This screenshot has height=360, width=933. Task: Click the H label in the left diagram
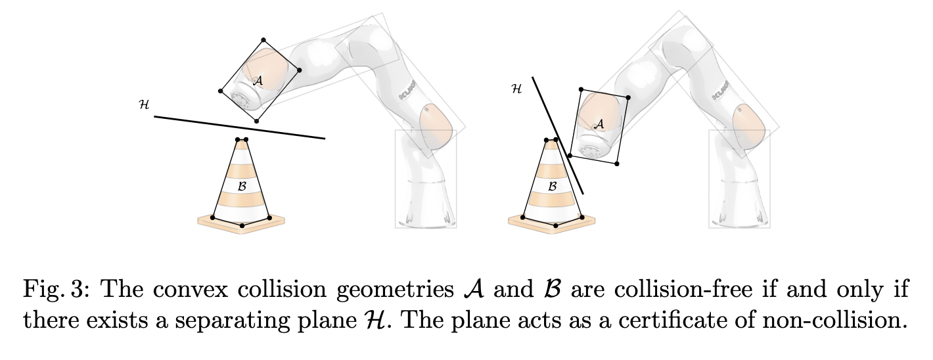click(x=144, y=104)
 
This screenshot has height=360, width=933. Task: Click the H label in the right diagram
click(x=516, y=87)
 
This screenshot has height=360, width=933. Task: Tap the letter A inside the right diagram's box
click(x=599, y=124)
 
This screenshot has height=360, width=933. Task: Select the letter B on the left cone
click(x=242, y=187)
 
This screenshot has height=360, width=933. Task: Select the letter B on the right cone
click(x=553, y=187)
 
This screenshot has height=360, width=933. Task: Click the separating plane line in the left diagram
click(x=240, y=127)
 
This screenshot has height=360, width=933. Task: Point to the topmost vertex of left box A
click(x=264, y=40)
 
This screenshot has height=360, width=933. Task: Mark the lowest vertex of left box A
click(x=256, y=121)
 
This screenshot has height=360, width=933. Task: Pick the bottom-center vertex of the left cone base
click(x=242, y=225)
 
